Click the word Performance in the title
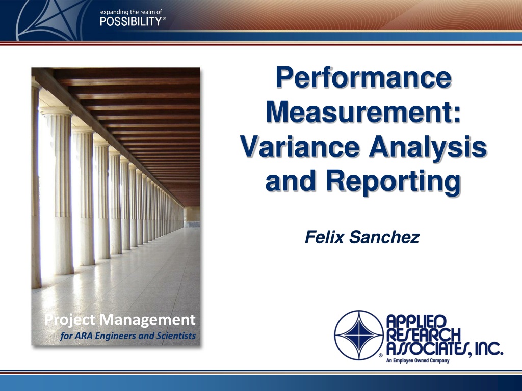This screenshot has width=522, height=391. coord(363,77)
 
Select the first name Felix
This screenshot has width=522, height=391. coord(324,237)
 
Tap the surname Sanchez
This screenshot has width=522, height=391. coord(384,237)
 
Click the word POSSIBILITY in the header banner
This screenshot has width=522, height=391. coord(131,21)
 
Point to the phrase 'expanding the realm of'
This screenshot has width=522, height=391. coord(131,12)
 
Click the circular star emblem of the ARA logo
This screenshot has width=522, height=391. coord(359,335)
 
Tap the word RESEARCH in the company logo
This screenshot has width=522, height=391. coord(423,335)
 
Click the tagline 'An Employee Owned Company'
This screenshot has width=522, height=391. coord(417,361)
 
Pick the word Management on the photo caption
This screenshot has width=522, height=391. coord(147,320)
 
